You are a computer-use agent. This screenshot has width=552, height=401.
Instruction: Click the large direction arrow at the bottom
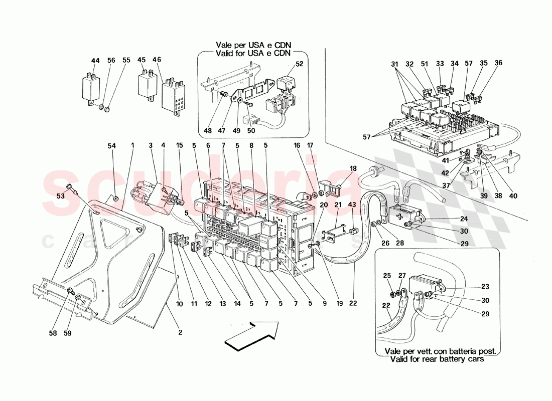pos(251,334)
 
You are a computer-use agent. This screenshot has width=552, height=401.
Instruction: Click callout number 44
pos(95,61)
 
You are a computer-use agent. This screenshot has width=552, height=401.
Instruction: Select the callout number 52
pos(299,64)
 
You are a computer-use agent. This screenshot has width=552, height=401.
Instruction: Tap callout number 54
pos(111,146)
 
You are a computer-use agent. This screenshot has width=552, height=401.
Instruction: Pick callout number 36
pos(498,63)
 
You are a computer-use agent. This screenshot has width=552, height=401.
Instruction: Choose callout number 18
pos(353,168)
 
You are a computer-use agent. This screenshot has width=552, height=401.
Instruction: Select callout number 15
pos(179,146)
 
